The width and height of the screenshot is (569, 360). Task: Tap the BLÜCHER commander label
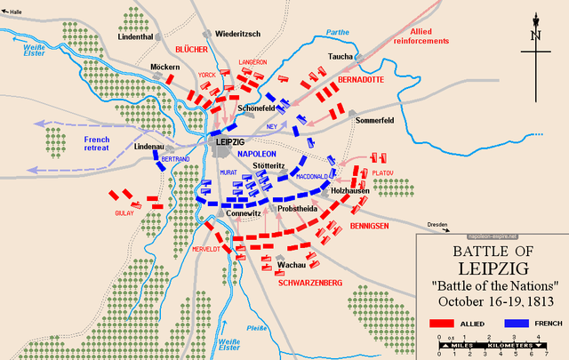[191, 49]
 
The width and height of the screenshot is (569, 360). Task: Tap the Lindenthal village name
[136, 36]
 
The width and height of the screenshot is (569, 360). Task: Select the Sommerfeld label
[373, 119]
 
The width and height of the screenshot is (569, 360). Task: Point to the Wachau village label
[292, 265]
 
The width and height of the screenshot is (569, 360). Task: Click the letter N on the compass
[536, 36]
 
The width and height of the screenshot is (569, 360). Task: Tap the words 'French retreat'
[96, 144]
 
